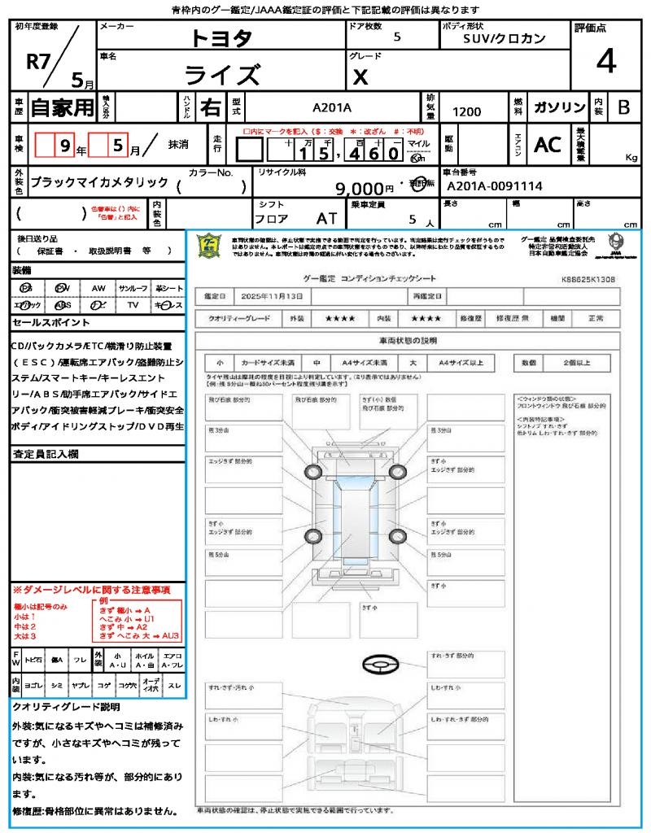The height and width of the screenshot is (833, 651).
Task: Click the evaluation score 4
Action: pos(605,61)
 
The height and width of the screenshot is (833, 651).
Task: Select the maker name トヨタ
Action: pos(221,38)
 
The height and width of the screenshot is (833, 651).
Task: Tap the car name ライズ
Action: pos(221,75)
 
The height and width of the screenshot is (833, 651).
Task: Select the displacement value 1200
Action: pos(466,112)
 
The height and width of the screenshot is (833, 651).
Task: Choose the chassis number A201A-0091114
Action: pos(494,186)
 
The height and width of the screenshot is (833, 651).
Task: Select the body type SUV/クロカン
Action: pos(505,38)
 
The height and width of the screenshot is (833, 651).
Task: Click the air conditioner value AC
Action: pos(547,145)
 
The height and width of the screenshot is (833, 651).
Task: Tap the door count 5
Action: pos(396,37)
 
